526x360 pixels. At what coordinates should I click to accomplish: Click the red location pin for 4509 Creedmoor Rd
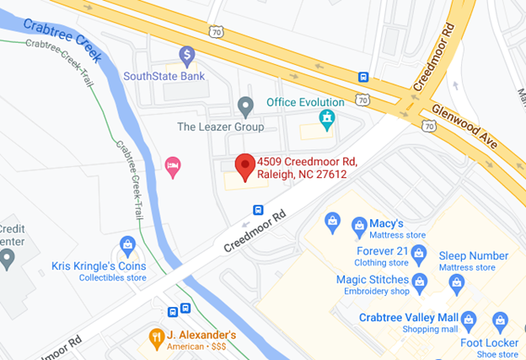tap(244, 165)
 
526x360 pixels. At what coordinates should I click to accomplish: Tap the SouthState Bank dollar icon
tap(187, 56)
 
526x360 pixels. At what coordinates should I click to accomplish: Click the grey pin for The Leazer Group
tap(245, 106)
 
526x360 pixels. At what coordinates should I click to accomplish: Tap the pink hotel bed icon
tap(173, 163)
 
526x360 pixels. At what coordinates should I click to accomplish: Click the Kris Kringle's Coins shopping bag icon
tap(128, 245)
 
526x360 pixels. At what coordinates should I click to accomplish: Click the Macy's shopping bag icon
tap(333, 222)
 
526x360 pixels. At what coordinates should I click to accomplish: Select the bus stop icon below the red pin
tap(258, 210)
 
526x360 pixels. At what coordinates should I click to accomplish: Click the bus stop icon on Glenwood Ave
tap(363, 77)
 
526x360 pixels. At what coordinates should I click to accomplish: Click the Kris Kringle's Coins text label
tap(99, 266)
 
